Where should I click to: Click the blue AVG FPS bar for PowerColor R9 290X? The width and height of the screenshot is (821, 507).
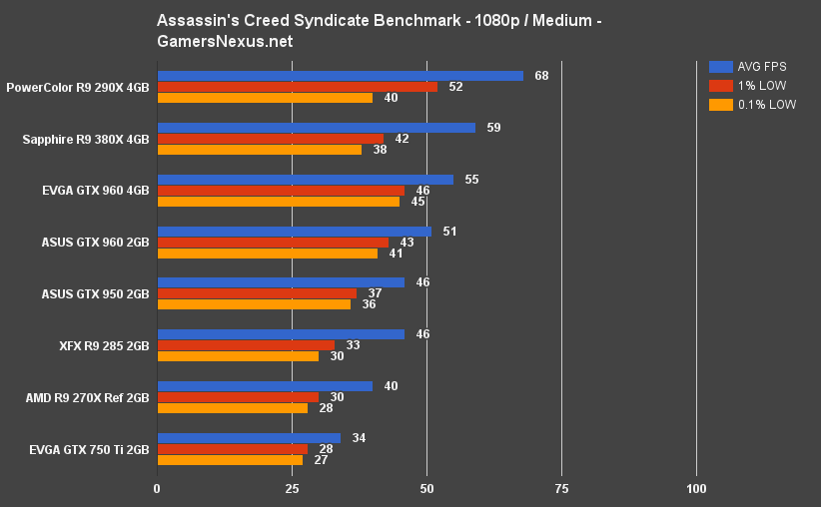click(340, 76)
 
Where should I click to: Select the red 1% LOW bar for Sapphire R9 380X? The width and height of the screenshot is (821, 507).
click(270, 139)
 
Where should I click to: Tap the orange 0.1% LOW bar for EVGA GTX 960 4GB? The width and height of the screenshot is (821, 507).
click(278, 202)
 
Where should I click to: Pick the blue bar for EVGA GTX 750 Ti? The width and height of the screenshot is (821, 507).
click(249, 438)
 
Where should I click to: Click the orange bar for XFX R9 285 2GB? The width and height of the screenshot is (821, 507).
click(238, 356)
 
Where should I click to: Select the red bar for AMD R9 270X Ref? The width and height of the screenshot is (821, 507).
click(238, 397)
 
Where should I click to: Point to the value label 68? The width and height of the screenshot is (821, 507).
click(541, 76)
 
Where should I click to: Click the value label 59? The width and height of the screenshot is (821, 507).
click(493, 128)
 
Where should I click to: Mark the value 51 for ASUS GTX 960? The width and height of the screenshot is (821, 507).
click(449, 232)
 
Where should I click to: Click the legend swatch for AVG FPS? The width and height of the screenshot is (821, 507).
click(720, 67)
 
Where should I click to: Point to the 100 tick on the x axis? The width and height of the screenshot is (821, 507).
click(697, 489)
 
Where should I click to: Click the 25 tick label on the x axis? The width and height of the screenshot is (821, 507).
click(292, 489)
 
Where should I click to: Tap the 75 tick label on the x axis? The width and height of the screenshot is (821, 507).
click(561, 489)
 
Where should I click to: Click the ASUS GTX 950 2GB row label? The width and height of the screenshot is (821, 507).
click(96, 294)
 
